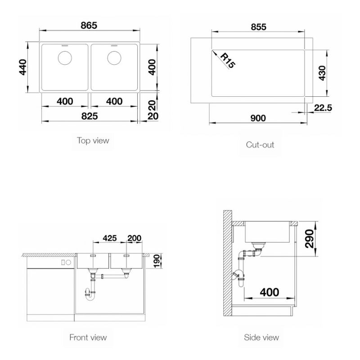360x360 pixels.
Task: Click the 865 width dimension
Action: [x=89, y=25]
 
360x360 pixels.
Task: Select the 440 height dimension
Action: [x=23, y=67]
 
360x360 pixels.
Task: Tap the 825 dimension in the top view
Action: [x=90, y=116]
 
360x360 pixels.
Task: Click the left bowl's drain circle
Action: [x=65, y=58]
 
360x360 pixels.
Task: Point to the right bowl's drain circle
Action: [x=114, y=58]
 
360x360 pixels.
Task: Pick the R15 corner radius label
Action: [x=228, y=61]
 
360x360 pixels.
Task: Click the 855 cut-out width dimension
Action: [x=258, y=27]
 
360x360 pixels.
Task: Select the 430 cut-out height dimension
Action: [x=322, y=73]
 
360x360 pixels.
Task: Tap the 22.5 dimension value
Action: [x=323, y=108]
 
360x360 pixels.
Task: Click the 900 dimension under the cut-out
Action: [x=258, y=118]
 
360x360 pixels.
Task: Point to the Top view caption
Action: [x=93, y=140]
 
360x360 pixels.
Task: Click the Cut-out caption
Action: [x=260, y=144]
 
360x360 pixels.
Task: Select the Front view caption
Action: [x=88, y=337]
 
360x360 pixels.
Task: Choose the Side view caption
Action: [x=261, y=337]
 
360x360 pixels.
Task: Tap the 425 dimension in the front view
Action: [x=110, y=238]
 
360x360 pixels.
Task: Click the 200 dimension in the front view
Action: [x=134, y=238]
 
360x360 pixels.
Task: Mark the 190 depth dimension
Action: [x=157, y=261]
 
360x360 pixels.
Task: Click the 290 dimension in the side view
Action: [x=310, y=239]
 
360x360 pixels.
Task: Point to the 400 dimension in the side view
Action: [x=270, y=292]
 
